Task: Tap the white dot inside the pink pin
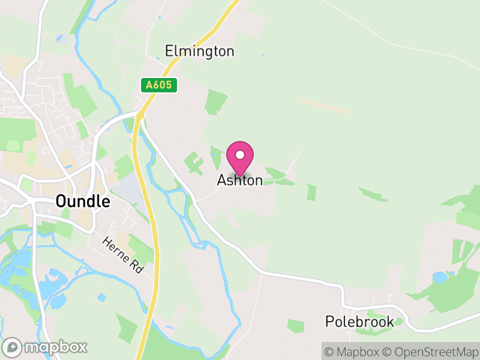pyautogui.click(x=240, y=155)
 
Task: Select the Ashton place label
pyautogui.click(x=240, y=180)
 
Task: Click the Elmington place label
pyautogui.click(x=199, y=51)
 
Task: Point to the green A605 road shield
pyautogui.click(x=160, y=85)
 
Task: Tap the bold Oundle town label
pyautogui.click(x=83, y=201)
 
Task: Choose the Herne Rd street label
pyautogui.click(x=123, y=256)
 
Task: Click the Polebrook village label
pyautogui.click(x=359, y=322)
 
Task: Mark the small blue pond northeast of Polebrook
pyautogui.click(x=440, y=278)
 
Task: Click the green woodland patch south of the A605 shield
pyautogui.click(x=215, y=101)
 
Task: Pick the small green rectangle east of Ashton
pyautogui.click(x=311, y=193)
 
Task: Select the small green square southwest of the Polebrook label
pyautogui.click(x=296, y=326)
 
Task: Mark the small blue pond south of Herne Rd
pyautogui.click(x=102, y=297)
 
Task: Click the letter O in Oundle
pyautogui.click(x=61, y=201)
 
